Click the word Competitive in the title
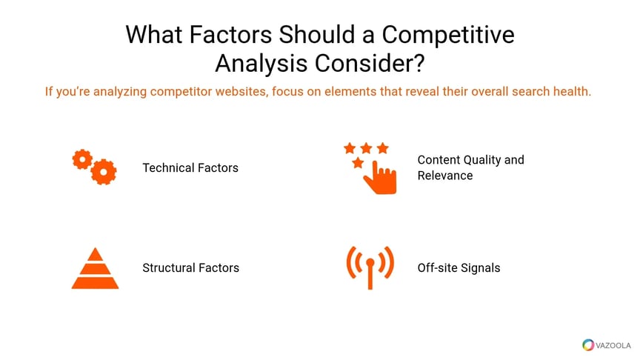(x=447, y=36)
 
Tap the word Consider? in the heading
(x=370, y=64)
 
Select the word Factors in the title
(x=230, y=34)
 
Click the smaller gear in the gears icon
(x=82, y=159)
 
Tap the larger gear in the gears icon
(x=104, y=172)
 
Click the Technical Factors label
(x=190, y=167)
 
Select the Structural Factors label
(x=190, y=267)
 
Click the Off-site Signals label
(x=459, y=267)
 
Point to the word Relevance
(x=445, y=176)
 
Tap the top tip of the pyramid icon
(x=95, y=248)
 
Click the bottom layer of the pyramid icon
(x=95, y=283)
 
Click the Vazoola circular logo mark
(x=588, y=345)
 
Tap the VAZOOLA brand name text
(x=613, y=346)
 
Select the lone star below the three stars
(x=358, y=163)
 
